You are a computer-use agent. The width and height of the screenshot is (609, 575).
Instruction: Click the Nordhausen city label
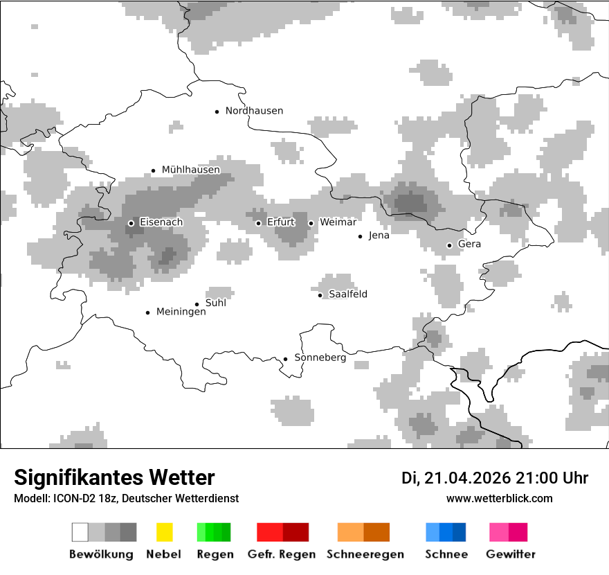[254, 111]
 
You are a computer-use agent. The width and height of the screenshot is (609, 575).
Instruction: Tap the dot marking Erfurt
[258, 223]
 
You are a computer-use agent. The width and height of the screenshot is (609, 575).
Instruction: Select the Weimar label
[338, 222]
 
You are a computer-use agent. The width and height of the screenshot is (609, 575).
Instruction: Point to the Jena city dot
[360, 236]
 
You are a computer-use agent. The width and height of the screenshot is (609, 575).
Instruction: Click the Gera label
[469, 245]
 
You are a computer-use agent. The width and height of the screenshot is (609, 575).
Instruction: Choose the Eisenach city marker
[131, 223]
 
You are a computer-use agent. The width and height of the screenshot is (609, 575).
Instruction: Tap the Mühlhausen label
[190, 170]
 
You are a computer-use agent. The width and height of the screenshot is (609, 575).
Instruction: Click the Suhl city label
[215, 303]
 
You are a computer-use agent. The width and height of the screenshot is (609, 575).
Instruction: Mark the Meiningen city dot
[147, 312]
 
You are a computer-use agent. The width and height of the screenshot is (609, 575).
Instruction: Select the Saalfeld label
[347, 294]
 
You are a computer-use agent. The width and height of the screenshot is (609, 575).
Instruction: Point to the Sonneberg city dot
[285, 359]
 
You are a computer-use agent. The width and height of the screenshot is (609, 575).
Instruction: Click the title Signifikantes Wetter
[114, 478]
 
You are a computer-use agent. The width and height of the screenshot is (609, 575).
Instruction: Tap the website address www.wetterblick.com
[500, 498]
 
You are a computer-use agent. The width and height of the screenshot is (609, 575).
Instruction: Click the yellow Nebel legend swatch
[164, 532]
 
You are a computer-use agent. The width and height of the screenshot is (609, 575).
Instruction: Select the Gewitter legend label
[511, 554]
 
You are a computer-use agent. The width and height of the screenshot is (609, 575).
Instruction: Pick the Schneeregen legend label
[365, 554]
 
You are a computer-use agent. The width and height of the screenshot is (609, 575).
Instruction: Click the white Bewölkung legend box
[80, 532]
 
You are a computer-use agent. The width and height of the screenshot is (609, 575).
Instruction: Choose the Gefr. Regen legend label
[282, 554]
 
